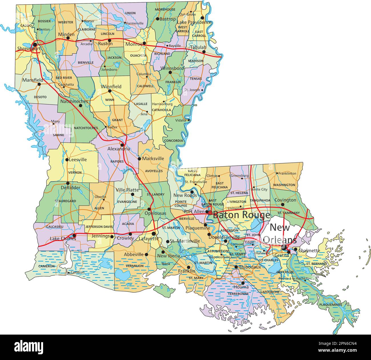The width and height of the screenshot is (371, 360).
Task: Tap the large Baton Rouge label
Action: click(x=241, y=215)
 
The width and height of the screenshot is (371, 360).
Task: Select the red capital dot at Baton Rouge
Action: click(x=210, y=212)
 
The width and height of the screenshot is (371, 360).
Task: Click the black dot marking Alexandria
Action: click(x=122, y=145)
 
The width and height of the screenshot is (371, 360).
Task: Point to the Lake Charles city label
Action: click(x=63, y=239)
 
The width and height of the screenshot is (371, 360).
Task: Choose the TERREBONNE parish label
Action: click(x=238, y=293)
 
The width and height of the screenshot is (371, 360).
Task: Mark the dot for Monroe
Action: click(x=144, y=43)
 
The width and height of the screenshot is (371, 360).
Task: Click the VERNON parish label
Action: click(x=75, y=172)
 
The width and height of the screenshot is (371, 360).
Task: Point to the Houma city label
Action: click(x=241, y=287)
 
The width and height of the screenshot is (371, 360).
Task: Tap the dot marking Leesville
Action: click(x=66, y=160)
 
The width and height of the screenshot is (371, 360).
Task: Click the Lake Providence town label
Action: click(x=194, y=22)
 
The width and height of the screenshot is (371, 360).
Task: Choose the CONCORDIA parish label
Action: click(x=173, y=140)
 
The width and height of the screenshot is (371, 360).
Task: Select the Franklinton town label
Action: click(x=287, y=173)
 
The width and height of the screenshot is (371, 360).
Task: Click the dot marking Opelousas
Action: click(x=149, y=209)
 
